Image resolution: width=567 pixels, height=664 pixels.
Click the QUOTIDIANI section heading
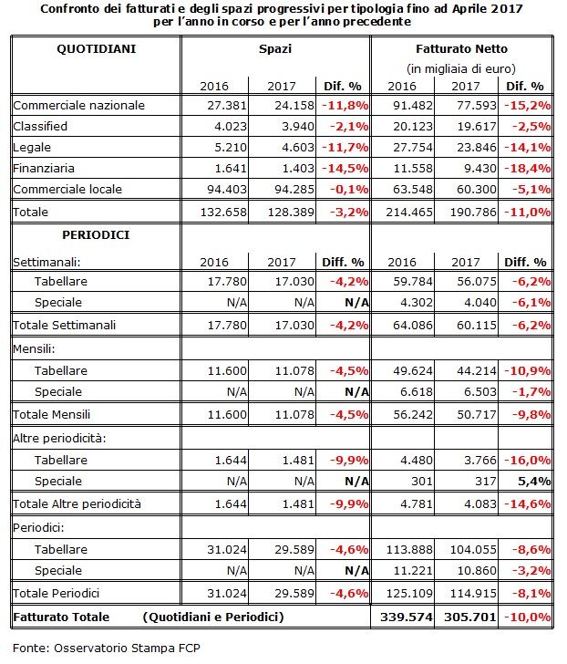pyautogui.click(x=97, y=48)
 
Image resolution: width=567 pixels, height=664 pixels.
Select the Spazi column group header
pyautogui.click(x=275, y=49)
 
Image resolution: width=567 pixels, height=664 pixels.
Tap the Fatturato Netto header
pyautogui.click(x=461, y=48)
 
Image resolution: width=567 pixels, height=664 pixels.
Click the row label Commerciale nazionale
pyautogui.click(x=78, y=105)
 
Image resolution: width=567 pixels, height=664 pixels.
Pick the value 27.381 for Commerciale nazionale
pyautogui.click(x=227, y=105)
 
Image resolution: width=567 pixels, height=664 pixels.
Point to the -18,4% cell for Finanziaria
pyautogui.click(x=528, y=168)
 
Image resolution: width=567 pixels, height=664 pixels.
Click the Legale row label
pyautogui.click(x=32, y=148)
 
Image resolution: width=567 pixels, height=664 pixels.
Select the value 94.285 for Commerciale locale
pyautogui.click(x=294, y=189)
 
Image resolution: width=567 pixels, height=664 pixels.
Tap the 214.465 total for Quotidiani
pyautogui.click(x=409, y=212)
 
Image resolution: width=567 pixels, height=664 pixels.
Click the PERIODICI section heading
pyautogui.click(x=96, y=235)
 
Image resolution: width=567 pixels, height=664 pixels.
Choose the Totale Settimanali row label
pyautogui.click(x=65, y=325)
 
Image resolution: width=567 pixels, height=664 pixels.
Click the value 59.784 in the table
pyautogui.click(x=413, y=281)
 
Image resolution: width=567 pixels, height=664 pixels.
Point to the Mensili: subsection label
pyautogui.click(x=34, y=348)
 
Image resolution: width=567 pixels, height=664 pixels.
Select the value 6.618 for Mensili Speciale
pyautogui.click(x=417, y=391)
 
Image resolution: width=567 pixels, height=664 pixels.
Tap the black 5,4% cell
pyautogui.click(x=534, y=481)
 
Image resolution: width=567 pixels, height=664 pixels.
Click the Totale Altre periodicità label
pyautogui.click(x=77, y=503)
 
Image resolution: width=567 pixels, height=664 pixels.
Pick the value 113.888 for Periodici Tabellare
pyautogui.click(x=409, y=549)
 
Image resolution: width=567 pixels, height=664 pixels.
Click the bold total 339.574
pyautogui.click(x=407, y=617)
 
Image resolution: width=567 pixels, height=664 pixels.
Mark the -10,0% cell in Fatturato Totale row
pyautogui.click(x=528, y=617)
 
